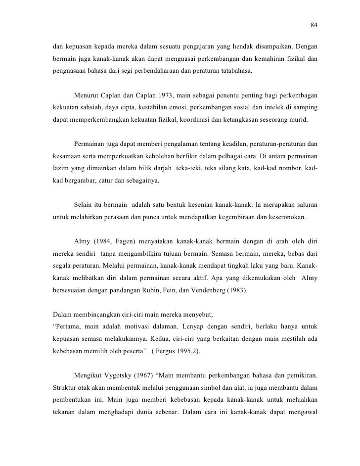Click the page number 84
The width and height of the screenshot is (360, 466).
[313, 25]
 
